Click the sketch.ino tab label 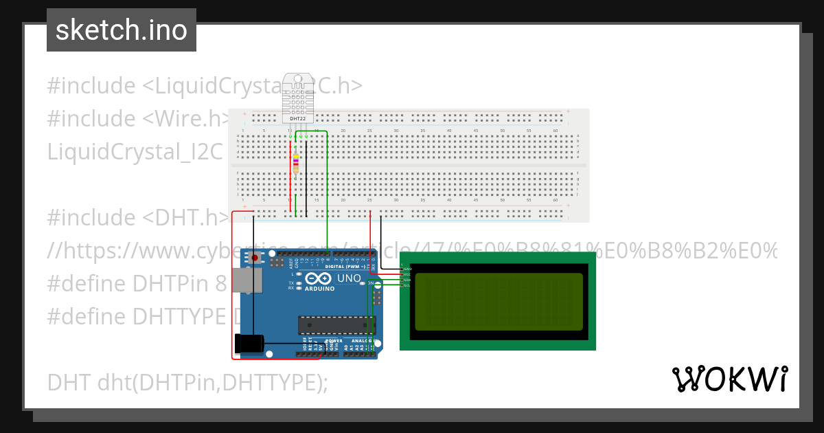click(x=121, y=30)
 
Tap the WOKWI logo click(x=729, y=379)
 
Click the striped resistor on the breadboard click(x=295, y=163)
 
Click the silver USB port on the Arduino click(x=247, y=280)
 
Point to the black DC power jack click(x=249, y=342)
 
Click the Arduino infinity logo click(x=319, y=278)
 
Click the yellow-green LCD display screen click(x=499, y=301)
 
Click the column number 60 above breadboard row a click(x=555, y=131)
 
